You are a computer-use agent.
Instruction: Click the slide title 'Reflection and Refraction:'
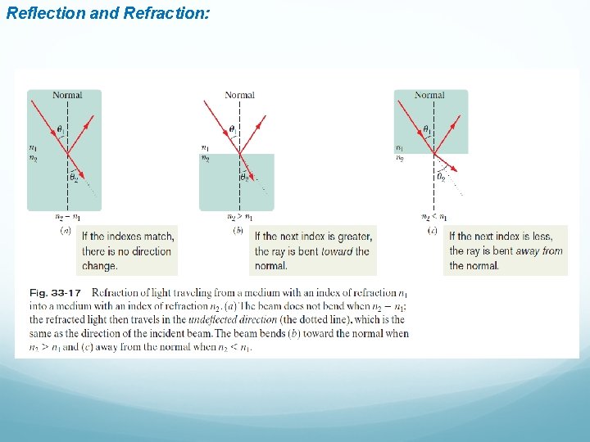pyautogui.click(x=107, y=13)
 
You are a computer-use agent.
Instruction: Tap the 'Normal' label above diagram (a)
pyautogui.click(x=67, y=96)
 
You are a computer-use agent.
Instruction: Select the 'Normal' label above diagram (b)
pyautogui.click(x=239, y=96)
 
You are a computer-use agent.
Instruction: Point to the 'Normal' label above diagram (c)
pyautogui.click(x=429, y=96)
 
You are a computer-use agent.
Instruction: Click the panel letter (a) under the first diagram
pyautogui.click(x=66, y=232)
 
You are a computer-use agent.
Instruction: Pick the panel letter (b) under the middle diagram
pyautogui.click(x=238, y=232)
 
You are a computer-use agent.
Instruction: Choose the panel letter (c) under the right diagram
pyautogui.click(x=433, y=232)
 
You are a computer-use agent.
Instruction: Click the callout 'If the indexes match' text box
pyautogui.click(x=128, y=250)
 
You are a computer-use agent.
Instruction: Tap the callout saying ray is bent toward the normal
pyautogui.click(x=314, y=250)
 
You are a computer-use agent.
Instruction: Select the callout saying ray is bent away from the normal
pyautogui.click(x=506, y=250)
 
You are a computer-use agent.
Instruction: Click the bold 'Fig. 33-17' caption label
pyautogui.click(x=56, y=292)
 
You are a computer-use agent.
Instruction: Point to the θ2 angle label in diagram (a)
pyautogui.click(x=74, y=176)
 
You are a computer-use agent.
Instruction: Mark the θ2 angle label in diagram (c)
pyautogui.click(x=441, y=176)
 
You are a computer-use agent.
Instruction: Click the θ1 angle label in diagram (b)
pyautogui.click(x=232, y=129)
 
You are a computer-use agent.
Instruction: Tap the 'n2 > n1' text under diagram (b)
pyautogui.click(x=239, y=218)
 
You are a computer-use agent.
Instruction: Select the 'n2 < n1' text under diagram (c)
pyautogui.click(x=434, y=218)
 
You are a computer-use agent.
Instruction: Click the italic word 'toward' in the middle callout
pyautogui.click(x=337, y=251)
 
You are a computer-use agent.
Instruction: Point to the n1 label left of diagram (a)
pyautogui.click(x=32, y=147)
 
